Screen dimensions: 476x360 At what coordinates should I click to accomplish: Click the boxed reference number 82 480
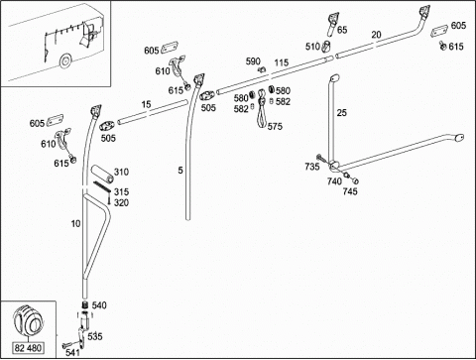coord(28,348)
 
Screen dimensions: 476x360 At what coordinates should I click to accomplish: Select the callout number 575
coord(275,126)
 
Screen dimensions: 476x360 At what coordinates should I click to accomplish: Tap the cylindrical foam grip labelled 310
coord(102,174)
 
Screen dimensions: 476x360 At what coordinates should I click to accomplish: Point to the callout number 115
coord(282,62)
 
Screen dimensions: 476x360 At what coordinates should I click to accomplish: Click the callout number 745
coord(350,191)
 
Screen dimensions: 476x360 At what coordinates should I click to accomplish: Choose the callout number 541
coord(72,352)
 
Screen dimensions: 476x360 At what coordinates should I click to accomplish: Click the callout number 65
coord(342,30)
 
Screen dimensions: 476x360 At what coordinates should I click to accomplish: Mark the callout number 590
coord(253,61)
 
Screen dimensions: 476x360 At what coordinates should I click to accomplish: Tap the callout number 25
coord(342,113)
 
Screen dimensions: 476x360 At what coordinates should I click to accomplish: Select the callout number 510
coord(312,47)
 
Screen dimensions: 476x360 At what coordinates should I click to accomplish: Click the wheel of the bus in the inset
coord(65,60)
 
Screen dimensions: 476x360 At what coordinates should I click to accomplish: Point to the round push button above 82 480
coord(29,319)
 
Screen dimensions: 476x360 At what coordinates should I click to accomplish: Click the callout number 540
coord(99,305)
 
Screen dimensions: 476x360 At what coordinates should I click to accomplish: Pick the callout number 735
coord(312,167)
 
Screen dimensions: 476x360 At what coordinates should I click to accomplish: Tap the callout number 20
coord(376,35)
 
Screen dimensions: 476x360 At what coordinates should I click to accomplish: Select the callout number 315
coord(121,191)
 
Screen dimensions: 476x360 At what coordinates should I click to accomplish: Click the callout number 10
coord(75,224)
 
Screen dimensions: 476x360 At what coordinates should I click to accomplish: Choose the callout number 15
coord(146,104)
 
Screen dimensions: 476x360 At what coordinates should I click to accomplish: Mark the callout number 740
coord(334,181)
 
